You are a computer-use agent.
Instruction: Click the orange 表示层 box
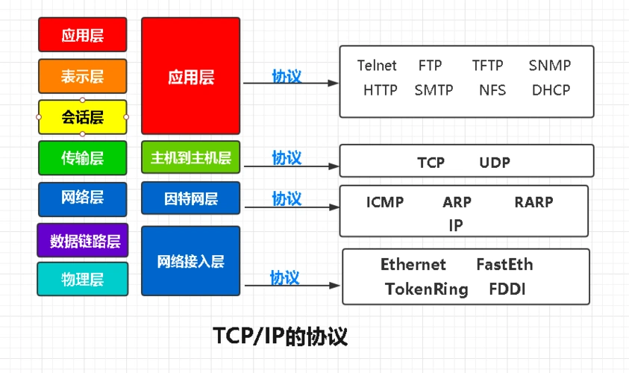click(82, 76)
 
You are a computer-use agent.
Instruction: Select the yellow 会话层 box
click(82, 117)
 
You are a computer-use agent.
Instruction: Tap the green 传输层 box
click(82, 157)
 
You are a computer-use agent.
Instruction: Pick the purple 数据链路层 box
click(82, 240)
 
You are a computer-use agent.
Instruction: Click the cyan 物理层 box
click(82, 279)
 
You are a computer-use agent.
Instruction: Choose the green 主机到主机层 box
click(190, 157)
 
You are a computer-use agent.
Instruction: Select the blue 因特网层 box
click(190, 198)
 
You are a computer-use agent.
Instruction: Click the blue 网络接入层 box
click(190, 261)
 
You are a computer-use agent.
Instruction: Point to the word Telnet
click(377, 66)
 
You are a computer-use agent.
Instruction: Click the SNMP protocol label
click(549, 66)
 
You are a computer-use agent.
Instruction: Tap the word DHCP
click(551, 90)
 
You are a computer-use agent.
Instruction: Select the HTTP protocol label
click(381, 90)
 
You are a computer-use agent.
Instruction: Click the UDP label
click(495, 163)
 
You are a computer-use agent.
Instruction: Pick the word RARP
click(533, 201)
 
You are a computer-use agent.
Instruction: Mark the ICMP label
click(385, 201)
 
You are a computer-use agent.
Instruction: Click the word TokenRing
click(426, 289)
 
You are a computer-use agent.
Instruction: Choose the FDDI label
click(507, 289)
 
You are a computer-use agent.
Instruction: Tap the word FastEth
click(504, 265)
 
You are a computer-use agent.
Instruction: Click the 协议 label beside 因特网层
click(287, 198)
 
